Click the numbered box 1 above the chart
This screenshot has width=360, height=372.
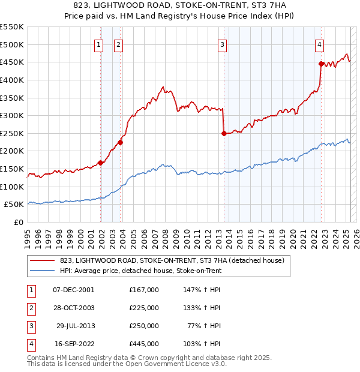point(98,44)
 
